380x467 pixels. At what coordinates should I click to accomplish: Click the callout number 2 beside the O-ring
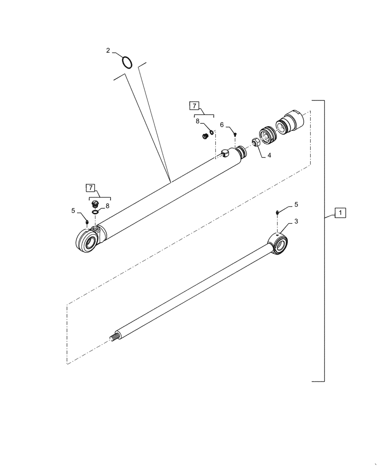pos(108,50)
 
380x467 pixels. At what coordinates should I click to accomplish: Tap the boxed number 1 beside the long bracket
pos(340,213)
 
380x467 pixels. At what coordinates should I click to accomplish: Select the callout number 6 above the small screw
pos(222,125)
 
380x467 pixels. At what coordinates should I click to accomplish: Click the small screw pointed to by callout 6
pos(235,134)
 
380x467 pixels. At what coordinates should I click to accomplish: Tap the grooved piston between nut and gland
pos(268,133)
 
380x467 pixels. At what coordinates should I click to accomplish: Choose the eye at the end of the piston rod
pos(280,244)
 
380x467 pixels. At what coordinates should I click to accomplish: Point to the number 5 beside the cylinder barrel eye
pos(73,211)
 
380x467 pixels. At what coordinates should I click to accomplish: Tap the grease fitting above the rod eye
pos(277,213)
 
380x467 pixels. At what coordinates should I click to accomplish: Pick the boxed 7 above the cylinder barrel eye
pos(90,188)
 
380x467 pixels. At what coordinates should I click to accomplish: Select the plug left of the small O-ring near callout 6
pos(204,136)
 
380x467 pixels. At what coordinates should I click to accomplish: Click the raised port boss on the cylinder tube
pos(225,152)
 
